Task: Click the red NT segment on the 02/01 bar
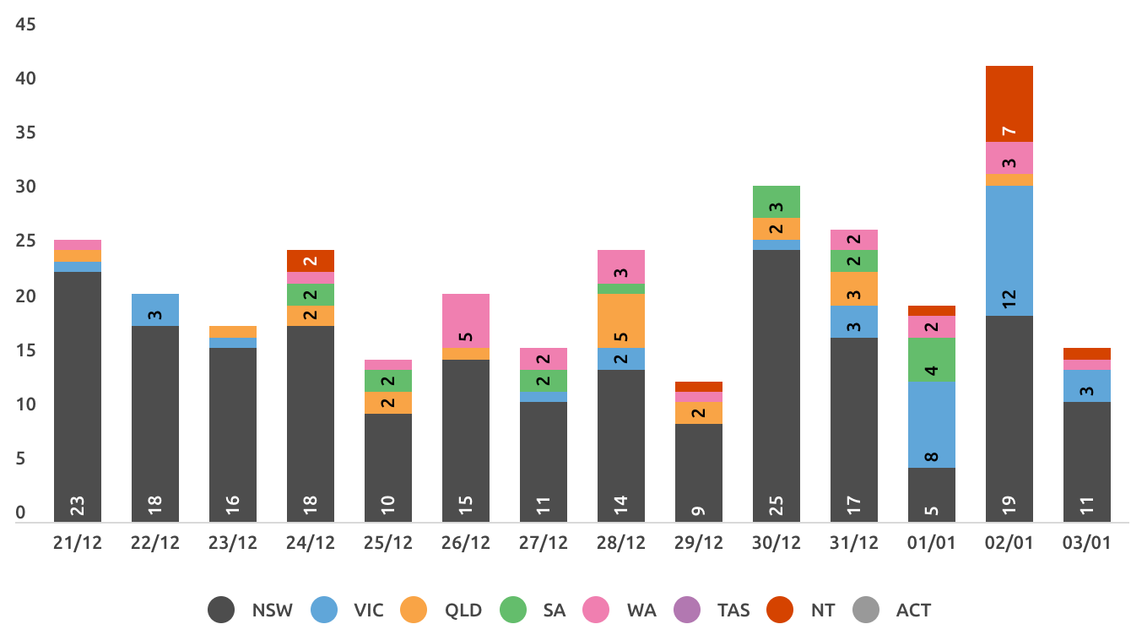coord(1009,104)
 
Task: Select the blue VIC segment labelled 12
coord(1009,251)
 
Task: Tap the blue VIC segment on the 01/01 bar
coord(932,425)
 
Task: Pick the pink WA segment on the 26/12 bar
coord(466,321)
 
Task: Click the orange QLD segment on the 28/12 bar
coord(621,321)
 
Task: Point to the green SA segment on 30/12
coord(776,202)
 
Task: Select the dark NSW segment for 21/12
coord(78,397)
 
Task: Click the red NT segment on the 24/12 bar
coord(311,261)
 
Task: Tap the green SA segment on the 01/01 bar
coord(932,360)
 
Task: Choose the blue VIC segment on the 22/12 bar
coord(155,310)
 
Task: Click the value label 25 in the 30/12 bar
coord(776,506)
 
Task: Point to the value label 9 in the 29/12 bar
coord(698,511)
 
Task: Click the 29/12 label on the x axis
coord(698,543)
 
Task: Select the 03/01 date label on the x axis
coord(1086,543)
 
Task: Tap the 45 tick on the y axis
coord(25,24)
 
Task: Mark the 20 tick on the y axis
coord(25,296)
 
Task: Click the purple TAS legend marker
coord(687,610)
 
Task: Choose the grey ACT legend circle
coord(865,610)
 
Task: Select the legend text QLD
coord(463,611)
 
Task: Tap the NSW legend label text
coord(272,611)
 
